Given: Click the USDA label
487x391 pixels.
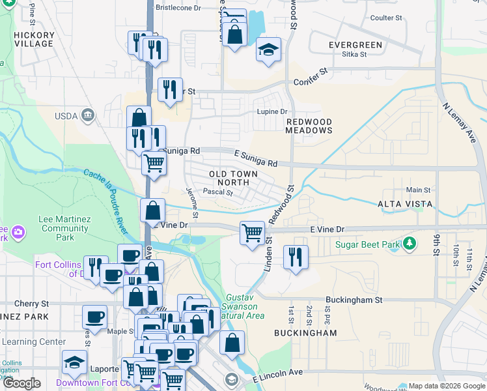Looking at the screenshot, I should (x=66, y=116).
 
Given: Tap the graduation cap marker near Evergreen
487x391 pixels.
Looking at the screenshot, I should (x=268, y=50).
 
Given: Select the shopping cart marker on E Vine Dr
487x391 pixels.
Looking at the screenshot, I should (x=252, y=233).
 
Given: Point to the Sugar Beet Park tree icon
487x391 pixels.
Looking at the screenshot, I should (x=409, y=244).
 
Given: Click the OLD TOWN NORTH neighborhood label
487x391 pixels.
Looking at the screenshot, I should (x=233, y=179).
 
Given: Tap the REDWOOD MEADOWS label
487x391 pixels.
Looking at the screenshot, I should (x=309, y=126).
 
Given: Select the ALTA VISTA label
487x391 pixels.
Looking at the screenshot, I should (x=405, y=204).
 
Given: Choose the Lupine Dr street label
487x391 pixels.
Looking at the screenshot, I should (x=273, y=111).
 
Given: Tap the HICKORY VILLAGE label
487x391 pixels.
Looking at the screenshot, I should (x=33, y=38).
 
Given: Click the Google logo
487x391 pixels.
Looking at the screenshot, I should (x=21, y=383).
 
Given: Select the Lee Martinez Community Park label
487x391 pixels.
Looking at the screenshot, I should (x=64, y=229).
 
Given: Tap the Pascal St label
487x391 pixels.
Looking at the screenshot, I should (x=214, y=192).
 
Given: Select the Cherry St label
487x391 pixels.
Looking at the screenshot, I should (x=31, y=304).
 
